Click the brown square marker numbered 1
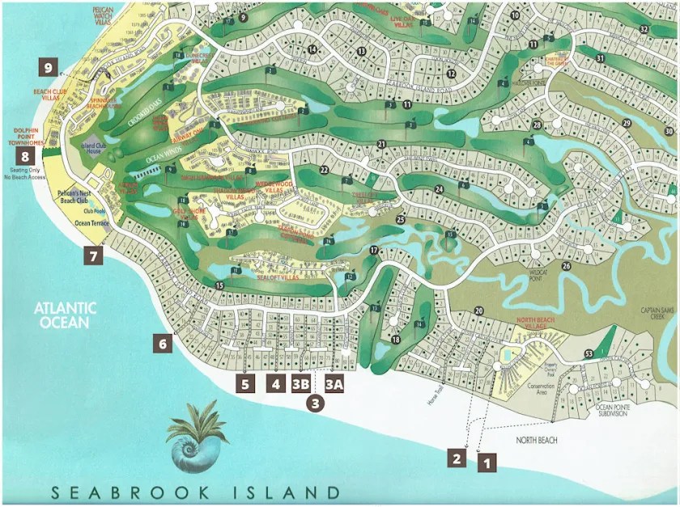pyautogui.click(x=487, y=464)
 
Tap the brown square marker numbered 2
pyautogui.click(x=457, y=458)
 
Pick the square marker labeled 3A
pyautogui.click(x=335, y=383)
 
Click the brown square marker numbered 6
pyautogui.click(x=162, y=344)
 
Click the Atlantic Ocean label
pyautogui.click(x=66, y=315)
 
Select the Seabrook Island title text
pyautogui.click(x=193, y=492)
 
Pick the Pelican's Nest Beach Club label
pyautogui.click(x=77, y=198)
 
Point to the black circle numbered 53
pyautogui.click(x=589, y=353)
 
